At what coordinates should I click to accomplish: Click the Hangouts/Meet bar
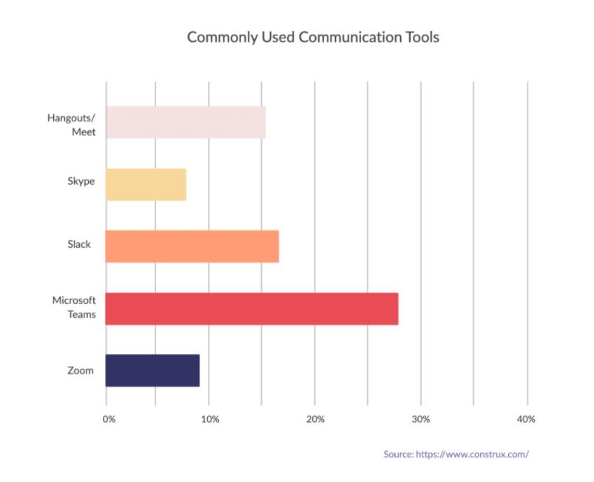pos(185,123)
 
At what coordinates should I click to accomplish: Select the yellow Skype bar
pos(146,185)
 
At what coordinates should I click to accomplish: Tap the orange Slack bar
pos(192,246)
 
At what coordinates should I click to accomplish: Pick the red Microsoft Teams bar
pos(252,308)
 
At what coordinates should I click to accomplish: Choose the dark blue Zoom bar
pos(152,370)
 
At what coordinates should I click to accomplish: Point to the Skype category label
pos(81,182)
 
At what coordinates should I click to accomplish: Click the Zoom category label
pos(80,370)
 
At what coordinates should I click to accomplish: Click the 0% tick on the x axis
pos(109,419)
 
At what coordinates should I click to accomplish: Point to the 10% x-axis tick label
pos(209,419)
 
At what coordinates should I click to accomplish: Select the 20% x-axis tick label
pos(315,419)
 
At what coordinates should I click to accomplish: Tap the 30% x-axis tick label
pos(420,419)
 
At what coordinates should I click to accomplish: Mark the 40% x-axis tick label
pos(526,419)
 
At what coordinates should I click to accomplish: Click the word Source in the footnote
pos(399,454)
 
